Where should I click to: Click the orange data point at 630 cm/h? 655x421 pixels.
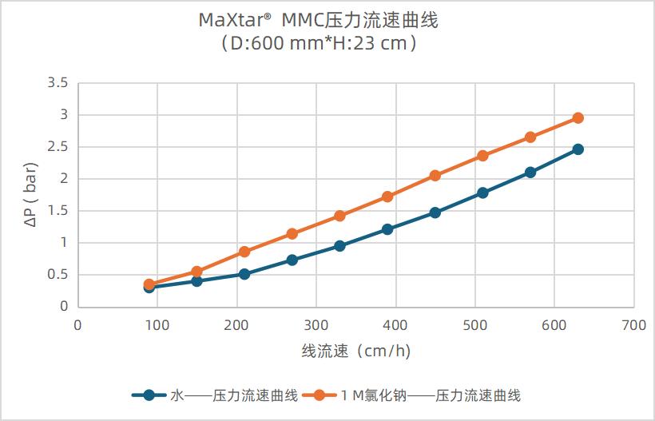pyautogui.click(x=578, y=118)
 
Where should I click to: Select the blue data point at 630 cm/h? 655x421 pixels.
pyautogui.click(x=578, y=149)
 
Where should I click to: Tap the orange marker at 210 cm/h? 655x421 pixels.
pyautogui.click(x=244, y=252)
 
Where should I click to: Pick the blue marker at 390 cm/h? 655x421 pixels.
pyautogui.click(x=387, y=229)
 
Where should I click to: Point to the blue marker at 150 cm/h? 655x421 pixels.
pyautogui.click(x=196, y=281)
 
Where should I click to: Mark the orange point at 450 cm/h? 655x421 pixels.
pyautogui.click(x=435, y=176)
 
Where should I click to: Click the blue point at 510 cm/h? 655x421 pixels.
pyautogui.click(x=482, y=193)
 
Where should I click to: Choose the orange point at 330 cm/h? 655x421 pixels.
pyautogui.click(x=339, y=216)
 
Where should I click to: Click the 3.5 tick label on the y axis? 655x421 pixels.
pyautogui.click(x=58, y=83)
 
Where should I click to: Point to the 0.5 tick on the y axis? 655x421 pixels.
pyautogui.click(x=58, y=275)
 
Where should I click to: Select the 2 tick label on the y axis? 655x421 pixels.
pyautogui.click(x=64, y=179)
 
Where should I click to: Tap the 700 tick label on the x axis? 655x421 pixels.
pyautogui.click(x=633, y=325)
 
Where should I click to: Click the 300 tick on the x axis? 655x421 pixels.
pyautogui.click(x=316, y=325)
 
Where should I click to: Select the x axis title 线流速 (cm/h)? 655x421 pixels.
pyautogui.click(x=355, y=351)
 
